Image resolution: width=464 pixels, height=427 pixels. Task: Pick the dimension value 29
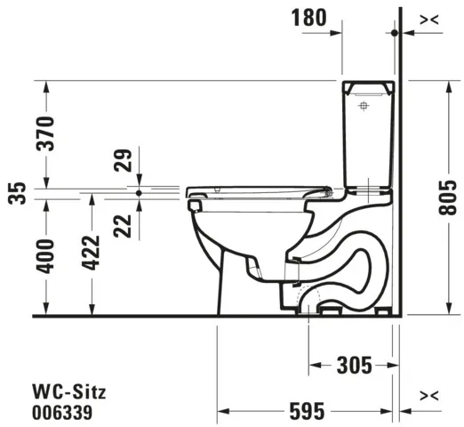point(124,161)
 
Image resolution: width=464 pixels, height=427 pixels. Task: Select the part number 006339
point(61,411)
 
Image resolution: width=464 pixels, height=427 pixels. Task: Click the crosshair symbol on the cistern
point(363,107)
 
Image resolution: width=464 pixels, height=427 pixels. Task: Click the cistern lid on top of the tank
point(369,86)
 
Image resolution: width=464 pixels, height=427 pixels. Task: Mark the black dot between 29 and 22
point(140,190)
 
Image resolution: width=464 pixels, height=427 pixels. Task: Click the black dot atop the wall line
point(396,32)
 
